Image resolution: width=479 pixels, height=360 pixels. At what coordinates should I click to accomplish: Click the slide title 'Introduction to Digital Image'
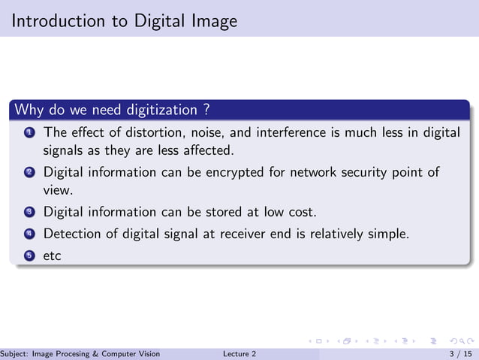tap(124, 20)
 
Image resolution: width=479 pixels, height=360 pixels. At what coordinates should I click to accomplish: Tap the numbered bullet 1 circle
tap(29, 133)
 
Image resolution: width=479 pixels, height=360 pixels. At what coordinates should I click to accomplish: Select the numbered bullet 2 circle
tap(29, 173)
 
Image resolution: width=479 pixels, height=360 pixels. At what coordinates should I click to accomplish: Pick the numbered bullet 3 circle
tap(29, 212)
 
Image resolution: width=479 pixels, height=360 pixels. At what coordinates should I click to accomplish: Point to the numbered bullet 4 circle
tap(29, 234)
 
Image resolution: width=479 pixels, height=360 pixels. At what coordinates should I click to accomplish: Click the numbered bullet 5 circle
tap(29, 256)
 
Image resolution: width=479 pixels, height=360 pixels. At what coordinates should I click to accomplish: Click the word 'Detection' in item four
tap(74, 234)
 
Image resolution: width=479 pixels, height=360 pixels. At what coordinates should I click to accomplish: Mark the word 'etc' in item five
tap(52, 256)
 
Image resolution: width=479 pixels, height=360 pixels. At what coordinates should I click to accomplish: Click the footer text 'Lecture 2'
tap(239, 353)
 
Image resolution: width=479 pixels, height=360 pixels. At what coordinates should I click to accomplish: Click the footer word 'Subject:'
tap(16, 353)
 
